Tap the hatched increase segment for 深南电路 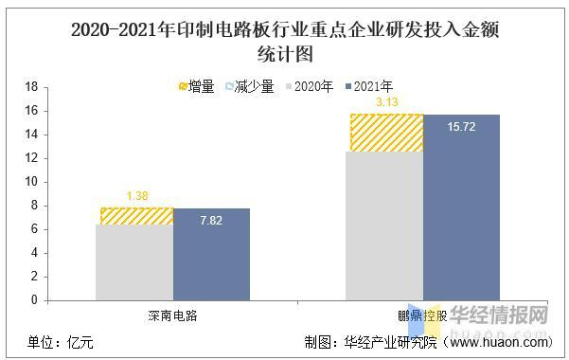click(x=136, y=216)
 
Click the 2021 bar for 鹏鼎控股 click(x=461, y=207)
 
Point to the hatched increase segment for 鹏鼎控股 click(x=385, y=133)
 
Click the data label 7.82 click(x=211, y=221)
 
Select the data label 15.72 click(x=461, y=127)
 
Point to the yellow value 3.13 click(x=386, y=102)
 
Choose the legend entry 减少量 click(x=249, y=87)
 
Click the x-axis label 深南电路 click(x=173, y=315)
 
